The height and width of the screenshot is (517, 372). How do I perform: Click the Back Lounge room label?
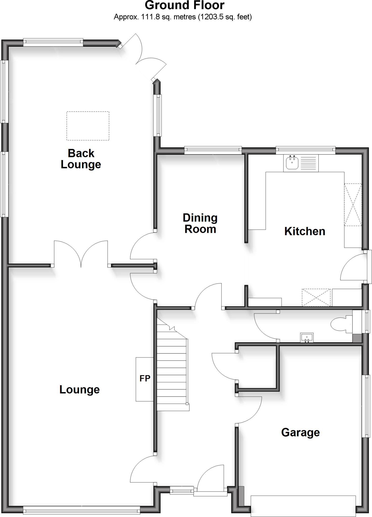pos(81,159)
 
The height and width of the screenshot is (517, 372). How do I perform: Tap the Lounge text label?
pos(80,390)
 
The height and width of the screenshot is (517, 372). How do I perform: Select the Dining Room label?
pos(200,223)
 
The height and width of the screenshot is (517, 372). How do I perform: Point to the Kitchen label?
pos(305,231)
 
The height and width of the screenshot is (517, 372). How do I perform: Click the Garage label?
pos(300,432)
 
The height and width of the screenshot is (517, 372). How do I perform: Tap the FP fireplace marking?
pos(145,378)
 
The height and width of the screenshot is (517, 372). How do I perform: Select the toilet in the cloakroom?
pos(340,324)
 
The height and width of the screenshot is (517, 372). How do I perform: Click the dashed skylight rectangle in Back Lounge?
pos(88,126)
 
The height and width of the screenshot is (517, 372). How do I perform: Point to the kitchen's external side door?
pos(354,268)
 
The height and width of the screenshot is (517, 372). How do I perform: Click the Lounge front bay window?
pos(81,510)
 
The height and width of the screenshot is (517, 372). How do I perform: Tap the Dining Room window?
pos(213,150)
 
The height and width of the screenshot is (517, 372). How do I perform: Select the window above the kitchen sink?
pos(305,150)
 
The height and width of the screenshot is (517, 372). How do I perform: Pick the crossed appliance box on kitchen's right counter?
pos(353,204)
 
